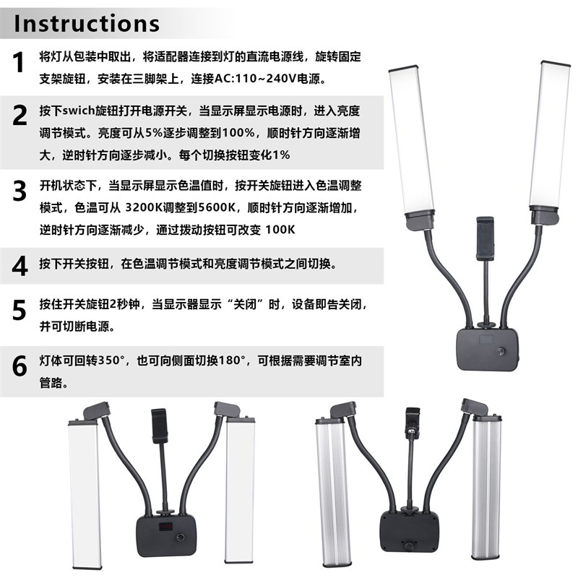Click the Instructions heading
coord(87,22)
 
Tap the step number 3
coord(20,190)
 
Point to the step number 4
coord(20,265)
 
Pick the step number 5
coord(20,310)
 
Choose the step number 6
coord(20,366)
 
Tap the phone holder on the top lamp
coord(484,243)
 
